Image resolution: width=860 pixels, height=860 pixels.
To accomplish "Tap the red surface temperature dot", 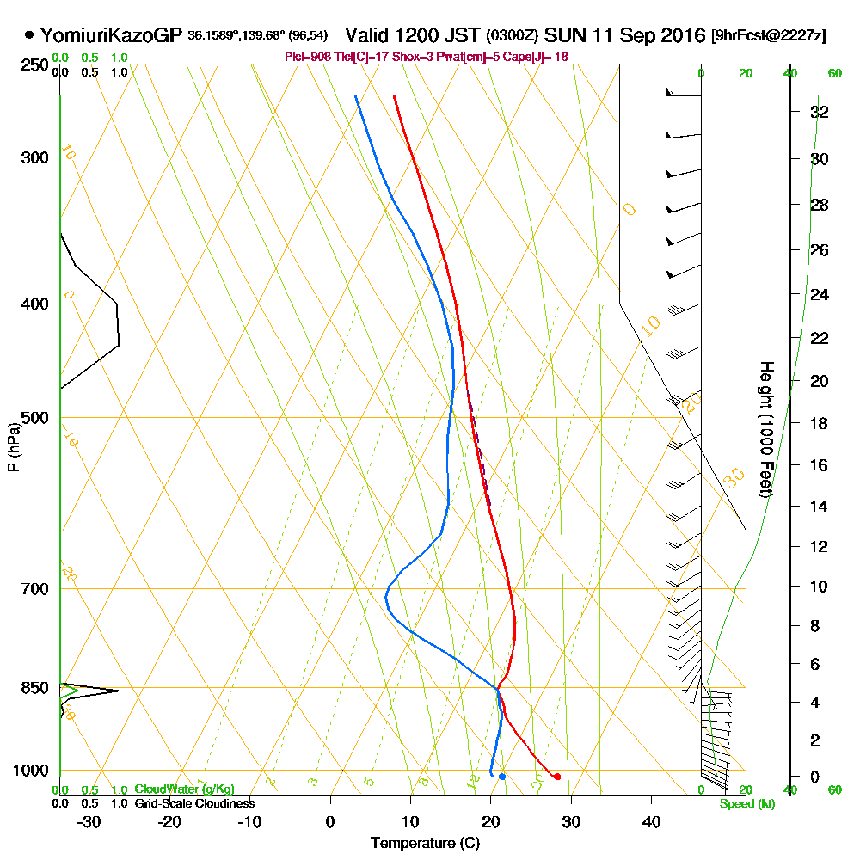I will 557,777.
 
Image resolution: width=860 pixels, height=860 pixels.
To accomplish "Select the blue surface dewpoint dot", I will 502,777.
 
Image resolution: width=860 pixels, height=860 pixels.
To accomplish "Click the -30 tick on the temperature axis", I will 89,821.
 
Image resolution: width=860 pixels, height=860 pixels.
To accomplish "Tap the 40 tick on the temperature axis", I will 651,821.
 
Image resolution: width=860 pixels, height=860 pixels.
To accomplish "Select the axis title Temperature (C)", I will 425,843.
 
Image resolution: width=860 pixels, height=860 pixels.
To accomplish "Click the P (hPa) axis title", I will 13,447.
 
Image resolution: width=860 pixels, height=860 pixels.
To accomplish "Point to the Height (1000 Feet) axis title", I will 765,430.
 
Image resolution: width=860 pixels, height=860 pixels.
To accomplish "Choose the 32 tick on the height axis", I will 820,112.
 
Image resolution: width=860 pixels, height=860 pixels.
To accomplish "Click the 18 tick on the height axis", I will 820,423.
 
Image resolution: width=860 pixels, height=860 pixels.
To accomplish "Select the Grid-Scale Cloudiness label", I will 194,803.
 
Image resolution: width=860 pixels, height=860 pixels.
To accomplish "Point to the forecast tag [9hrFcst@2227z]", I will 769,36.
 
